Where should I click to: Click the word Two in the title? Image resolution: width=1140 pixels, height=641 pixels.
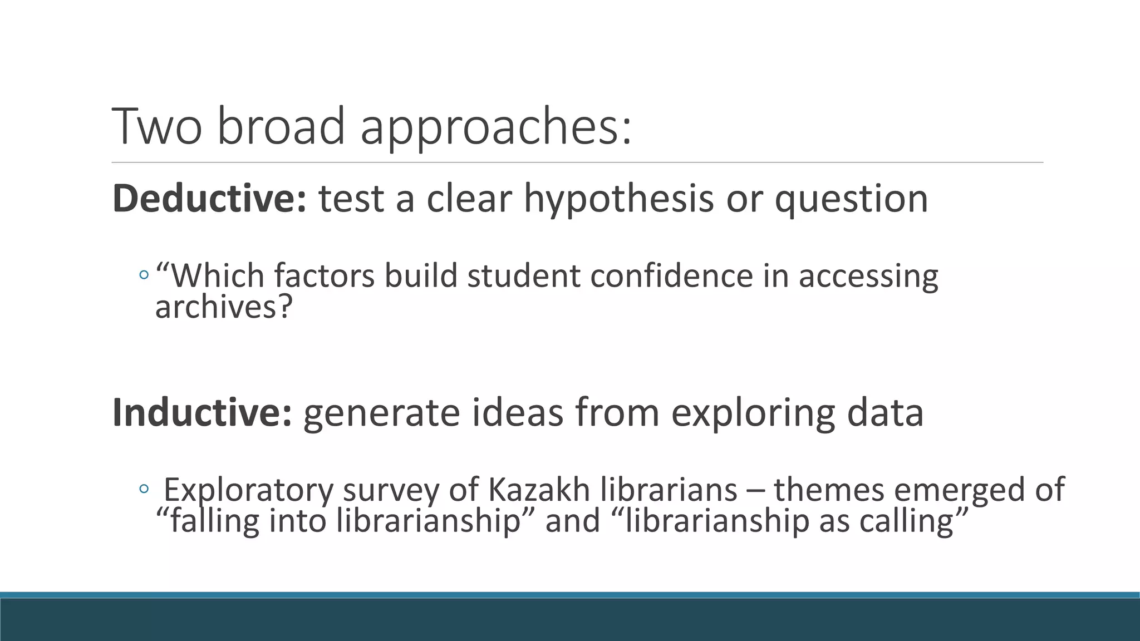point(156,126)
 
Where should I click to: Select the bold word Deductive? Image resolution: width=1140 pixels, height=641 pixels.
point(209,199)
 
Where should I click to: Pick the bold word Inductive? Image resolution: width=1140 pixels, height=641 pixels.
point(202,413)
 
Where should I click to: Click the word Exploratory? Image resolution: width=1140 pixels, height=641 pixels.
point(248,491)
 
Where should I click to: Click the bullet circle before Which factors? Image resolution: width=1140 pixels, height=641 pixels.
point(144,275)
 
